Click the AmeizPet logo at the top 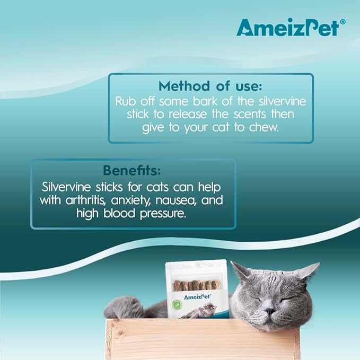287,27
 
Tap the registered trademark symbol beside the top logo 343,22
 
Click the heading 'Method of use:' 210,86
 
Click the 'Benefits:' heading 132,171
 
